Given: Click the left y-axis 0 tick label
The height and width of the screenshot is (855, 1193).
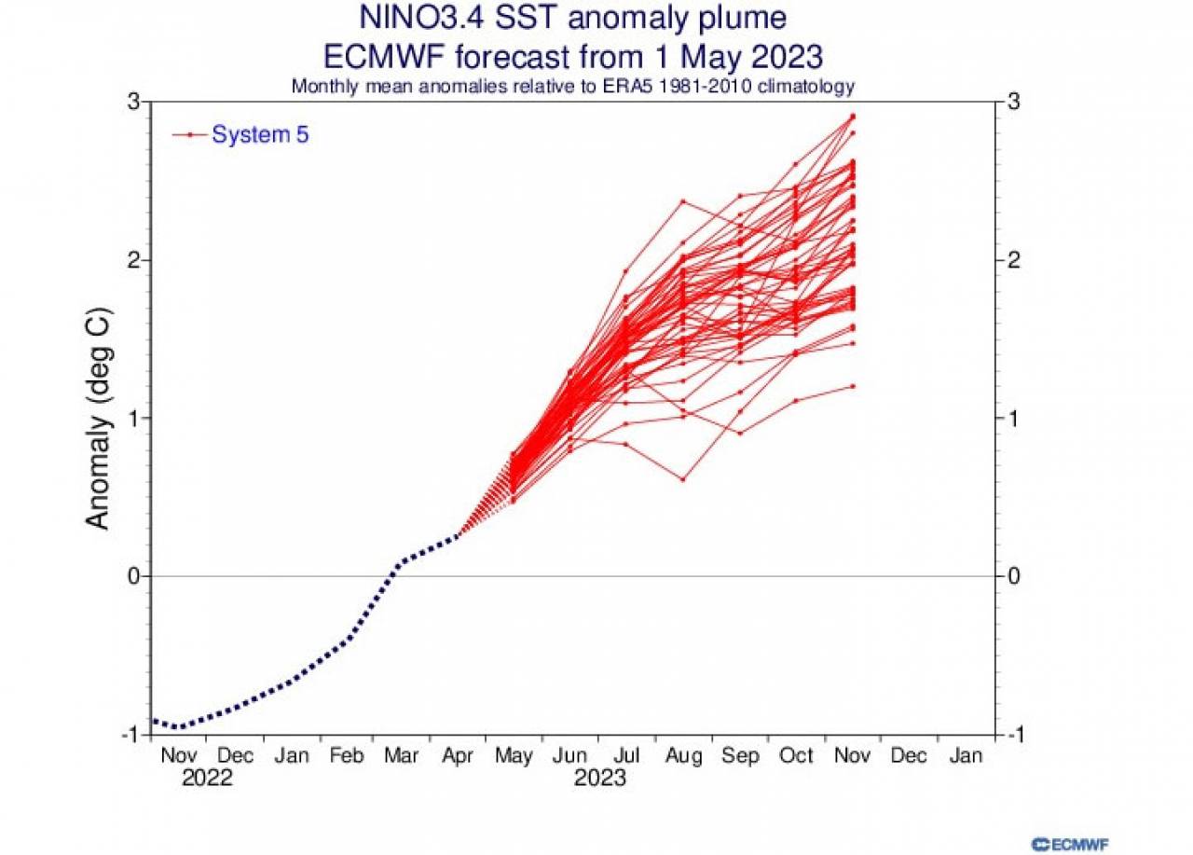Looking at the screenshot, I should [x=132, y=576].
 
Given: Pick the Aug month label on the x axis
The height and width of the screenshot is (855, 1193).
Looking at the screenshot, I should [x=683, y=755].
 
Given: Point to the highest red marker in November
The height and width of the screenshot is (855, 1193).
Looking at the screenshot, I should [x=852, y=117].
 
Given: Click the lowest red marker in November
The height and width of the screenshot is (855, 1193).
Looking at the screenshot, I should [x=852, y=386].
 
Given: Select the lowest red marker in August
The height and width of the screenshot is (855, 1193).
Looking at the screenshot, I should [x=683, y=479].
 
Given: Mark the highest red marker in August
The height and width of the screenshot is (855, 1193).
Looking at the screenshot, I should [x=683, y=201].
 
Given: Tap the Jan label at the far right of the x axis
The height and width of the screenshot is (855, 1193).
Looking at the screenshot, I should [x=966, y=755].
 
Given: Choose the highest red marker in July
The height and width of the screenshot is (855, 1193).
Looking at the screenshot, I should [x=626, y=271].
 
